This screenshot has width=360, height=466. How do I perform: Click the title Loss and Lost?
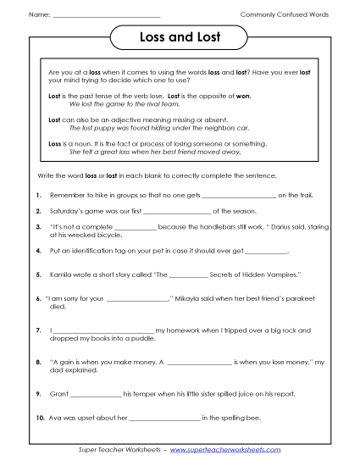coord(180,38)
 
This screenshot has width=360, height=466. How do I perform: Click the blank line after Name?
coord(106,16)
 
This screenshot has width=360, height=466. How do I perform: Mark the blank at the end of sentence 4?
coord(264,252)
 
